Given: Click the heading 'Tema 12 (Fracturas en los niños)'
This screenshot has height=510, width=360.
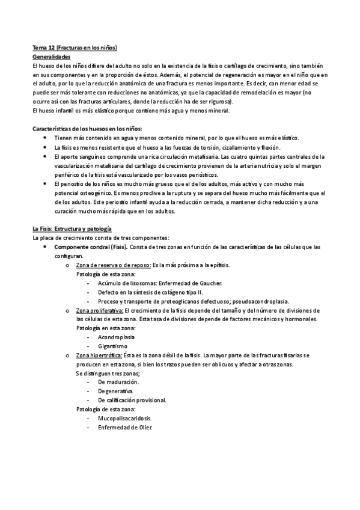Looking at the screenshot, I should point(74,47).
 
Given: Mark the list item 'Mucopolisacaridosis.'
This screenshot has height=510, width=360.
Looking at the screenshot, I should point(124,419).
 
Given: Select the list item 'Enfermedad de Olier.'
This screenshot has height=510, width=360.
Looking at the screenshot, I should point(125,428).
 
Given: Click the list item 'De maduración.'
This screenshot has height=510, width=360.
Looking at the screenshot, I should point(118,382).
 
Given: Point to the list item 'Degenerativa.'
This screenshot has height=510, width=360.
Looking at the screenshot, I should point(115,392).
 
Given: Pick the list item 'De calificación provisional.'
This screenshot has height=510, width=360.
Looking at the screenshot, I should point(132,401).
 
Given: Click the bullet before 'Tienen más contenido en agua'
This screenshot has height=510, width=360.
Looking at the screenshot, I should point(47,138).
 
